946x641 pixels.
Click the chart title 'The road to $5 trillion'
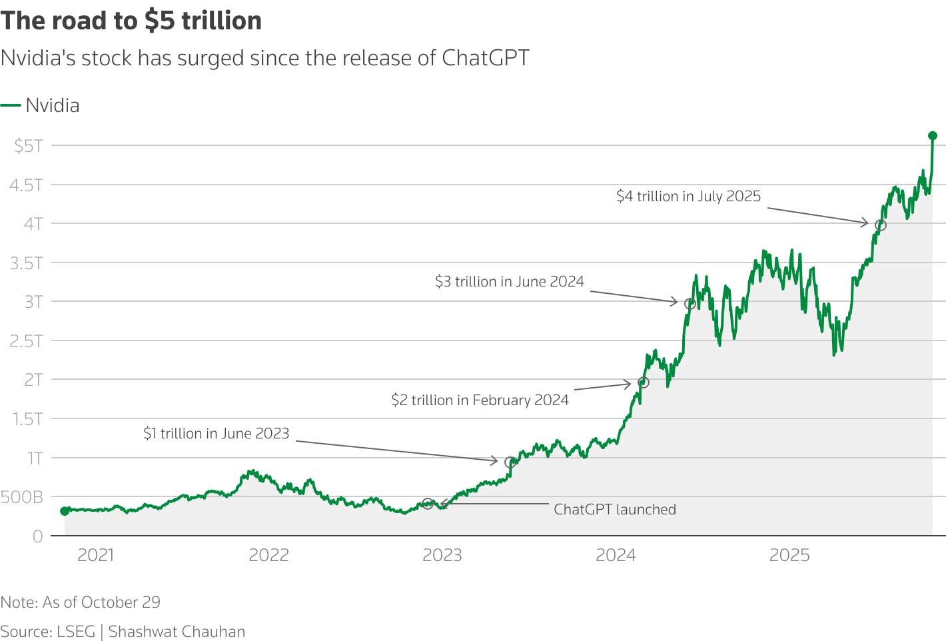click(131, 21)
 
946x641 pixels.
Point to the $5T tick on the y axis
click(29, 145)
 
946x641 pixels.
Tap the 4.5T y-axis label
click(26, 185)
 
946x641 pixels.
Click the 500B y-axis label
click(22, 497)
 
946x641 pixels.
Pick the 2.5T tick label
click(26, 341)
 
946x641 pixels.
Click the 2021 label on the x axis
click(96, 555)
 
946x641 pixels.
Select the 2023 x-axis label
click(442, 555)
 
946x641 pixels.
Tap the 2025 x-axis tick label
click(789, 555)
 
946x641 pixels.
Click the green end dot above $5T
click(933, 136)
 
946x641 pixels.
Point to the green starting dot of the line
click(65, 511)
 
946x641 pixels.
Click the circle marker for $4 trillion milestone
click(880, 225)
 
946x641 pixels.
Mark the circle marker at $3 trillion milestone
click(690, 304)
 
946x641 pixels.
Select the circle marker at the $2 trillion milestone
click(643, 382)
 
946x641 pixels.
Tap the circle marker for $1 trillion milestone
click(510, 462)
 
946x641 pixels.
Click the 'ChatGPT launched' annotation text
click(614, 510)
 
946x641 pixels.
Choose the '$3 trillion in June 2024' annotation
click(509, 281)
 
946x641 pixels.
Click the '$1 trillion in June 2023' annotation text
click(216, 433)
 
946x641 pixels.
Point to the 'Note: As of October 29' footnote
click(81, 602)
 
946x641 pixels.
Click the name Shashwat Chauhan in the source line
click(177, 632)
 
